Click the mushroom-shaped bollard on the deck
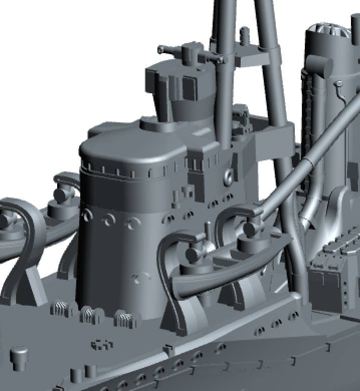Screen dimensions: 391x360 pos(20,355)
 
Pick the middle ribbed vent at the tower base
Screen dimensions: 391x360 pos(89,314)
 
